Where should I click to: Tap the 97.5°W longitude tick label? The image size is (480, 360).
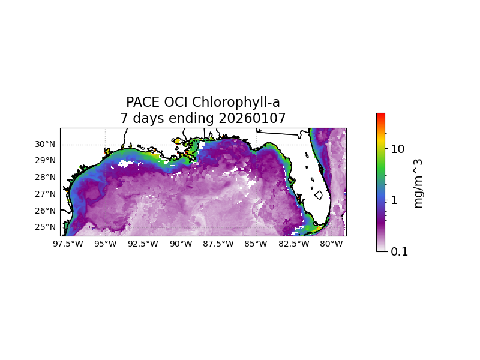(68, 244)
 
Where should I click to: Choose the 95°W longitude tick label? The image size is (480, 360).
(106, 244)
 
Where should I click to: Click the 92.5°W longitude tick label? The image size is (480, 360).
(143, 244)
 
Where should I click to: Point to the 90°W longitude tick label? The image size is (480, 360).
(181, 244)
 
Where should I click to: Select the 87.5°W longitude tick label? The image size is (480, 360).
(218, 244)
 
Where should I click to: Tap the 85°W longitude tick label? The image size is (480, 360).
(256, 244)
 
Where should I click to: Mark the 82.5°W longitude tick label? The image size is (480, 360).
(294, 244)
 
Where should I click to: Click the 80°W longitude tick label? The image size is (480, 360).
(332, 244)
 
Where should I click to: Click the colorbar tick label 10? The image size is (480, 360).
(398, 149)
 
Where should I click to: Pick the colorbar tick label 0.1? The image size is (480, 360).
(400, 252)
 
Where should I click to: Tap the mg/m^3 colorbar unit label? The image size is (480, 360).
(418, 183)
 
